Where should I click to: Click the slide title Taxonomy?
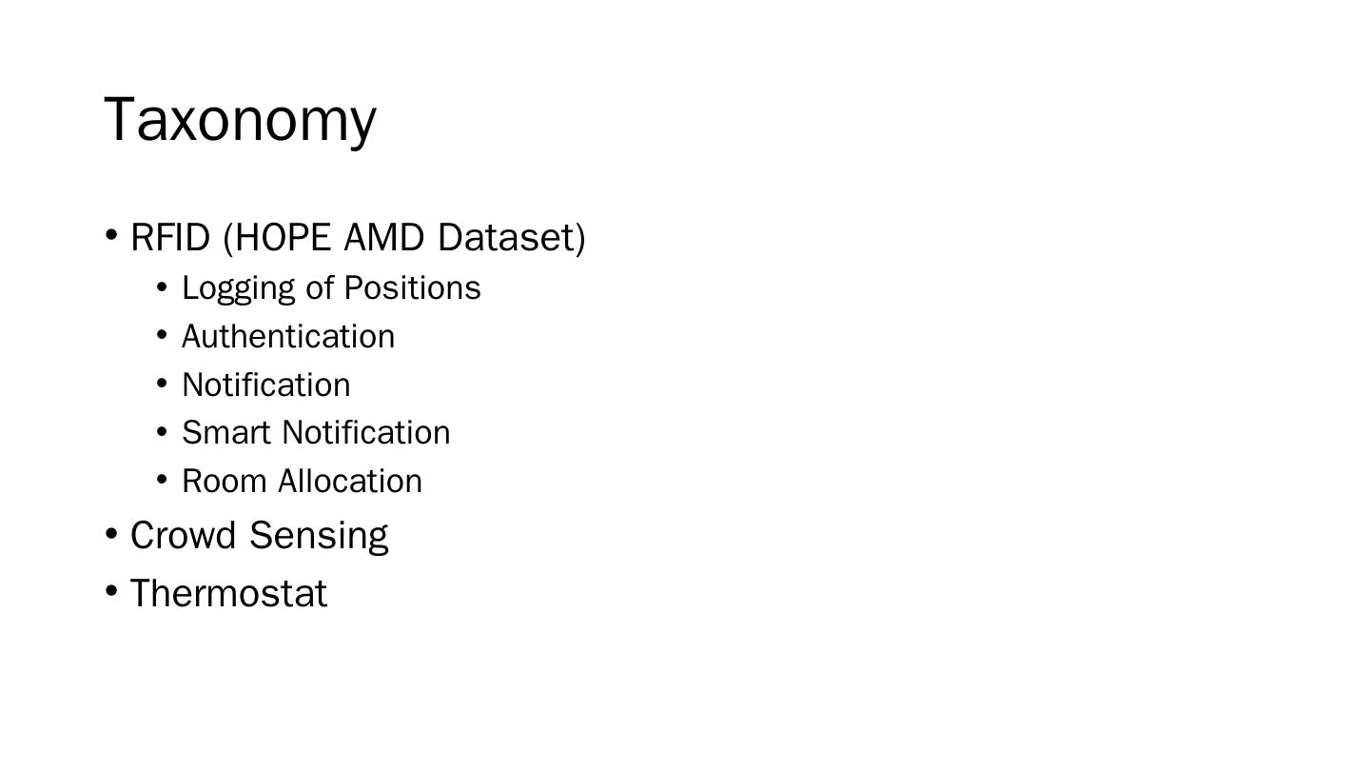[240, 120]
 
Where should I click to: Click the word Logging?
[238, 288]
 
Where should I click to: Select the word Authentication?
[288, 337]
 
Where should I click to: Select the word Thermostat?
[228, 594]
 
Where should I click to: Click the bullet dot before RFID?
[111, 235]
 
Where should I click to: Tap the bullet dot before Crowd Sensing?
[111, 533]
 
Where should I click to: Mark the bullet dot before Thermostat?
[111, 591]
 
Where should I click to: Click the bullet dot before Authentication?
[162, 335]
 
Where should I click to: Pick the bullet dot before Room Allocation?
[162, 479]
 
